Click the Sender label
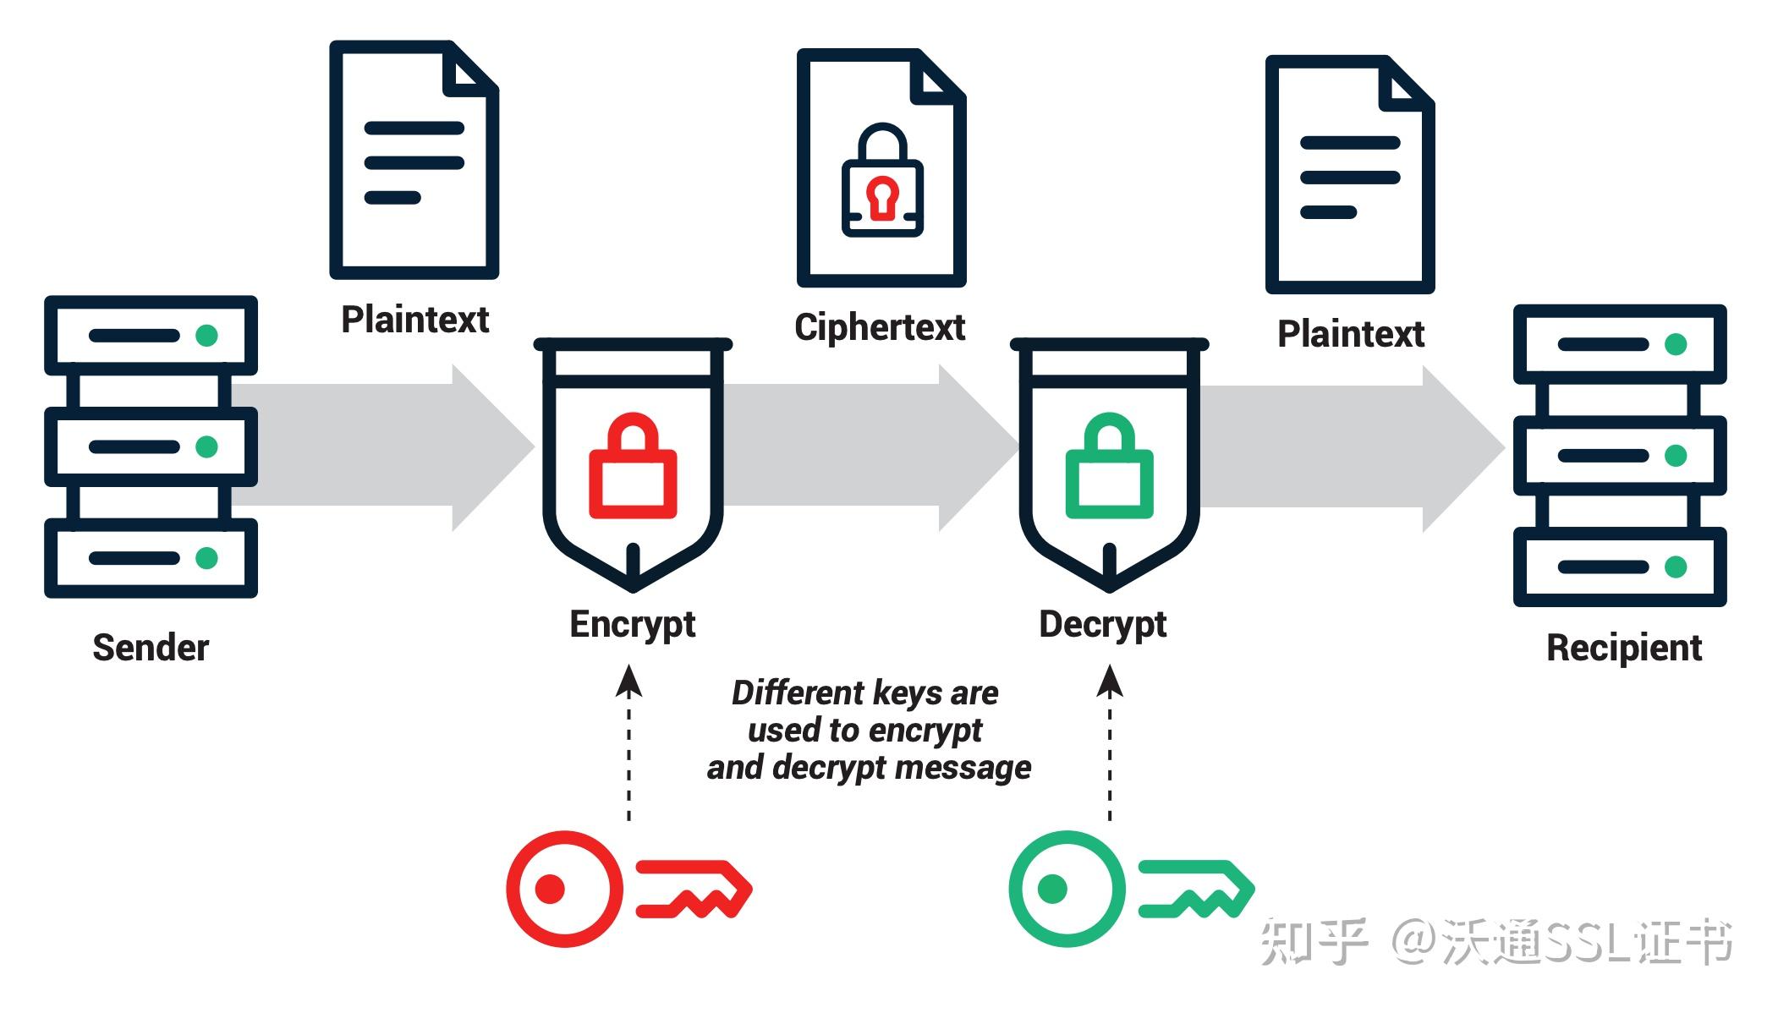coord(151,648)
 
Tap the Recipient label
coord(1624,649)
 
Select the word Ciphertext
coord(880,327)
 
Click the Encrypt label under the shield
coord(633,625)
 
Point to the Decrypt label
coord(1103,625)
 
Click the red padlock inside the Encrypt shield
coord(633,465)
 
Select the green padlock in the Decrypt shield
coord(1109,465)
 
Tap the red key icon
coord(628,889)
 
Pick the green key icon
coord(1131,889)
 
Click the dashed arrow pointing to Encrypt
coord(628,742)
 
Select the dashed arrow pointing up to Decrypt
coord(1110,742)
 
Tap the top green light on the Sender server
coord(206,336)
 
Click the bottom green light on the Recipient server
coord(1676,567)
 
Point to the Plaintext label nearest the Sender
coord(414,320)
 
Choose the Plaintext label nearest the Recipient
coord(1351,334)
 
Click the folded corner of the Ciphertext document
coord(939,76)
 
